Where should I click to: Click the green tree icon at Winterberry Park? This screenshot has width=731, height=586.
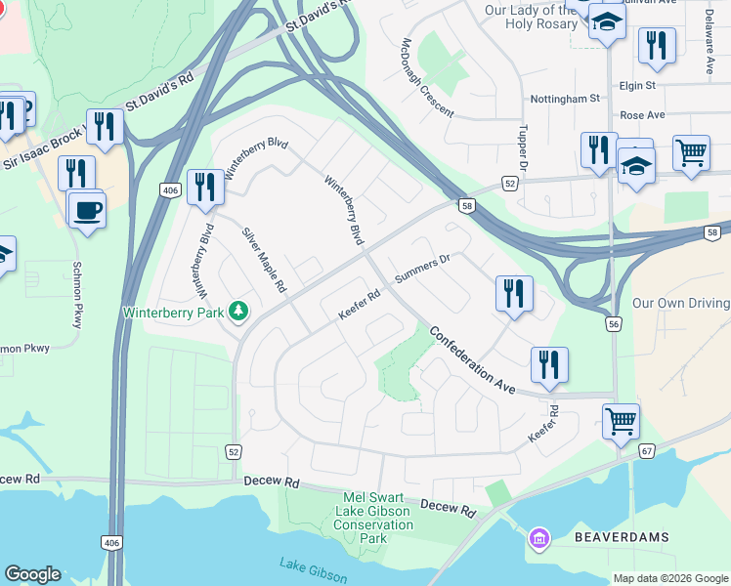(237, 313)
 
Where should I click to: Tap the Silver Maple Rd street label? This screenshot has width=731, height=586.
(264, 262)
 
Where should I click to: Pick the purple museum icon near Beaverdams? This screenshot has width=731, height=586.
(537, 538)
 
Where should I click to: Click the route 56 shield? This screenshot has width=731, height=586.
(614, 323)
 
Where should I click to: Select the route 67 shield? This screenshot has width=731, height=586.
(648, 450)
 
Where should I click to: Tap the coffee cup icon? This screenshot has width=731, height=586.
(87, 209)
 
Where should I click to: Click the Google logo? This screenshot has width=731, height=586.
(32, 574)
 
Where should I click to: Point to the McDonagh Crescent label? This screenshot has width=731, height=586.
(427, 77)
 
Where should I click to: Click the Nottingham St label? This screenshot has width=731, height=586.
(565, 99)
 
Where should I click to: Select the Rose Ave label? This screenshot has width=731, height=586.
(642, 115)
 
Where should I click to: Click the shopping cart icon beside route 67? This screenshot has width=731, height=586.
(621, 421)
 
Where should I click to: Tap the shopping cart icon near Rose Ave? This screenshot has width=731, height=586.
(691, 151)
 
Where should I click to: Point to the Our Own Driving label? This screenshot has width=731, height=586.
(681, 304)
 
